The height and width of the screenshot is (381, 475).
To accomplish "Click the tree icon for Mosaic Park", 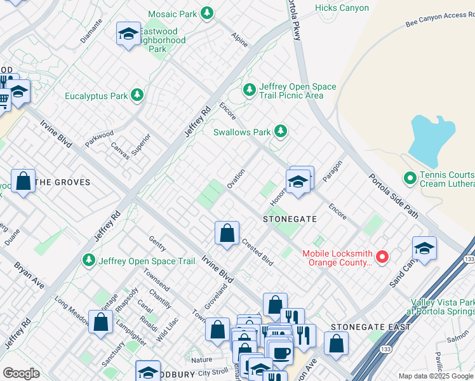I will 206,13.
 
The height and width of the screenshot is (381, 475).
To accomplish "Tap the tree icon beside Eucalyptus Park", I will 137,96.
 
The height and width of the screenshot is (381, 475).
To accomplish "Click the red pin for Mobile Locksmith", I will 382,257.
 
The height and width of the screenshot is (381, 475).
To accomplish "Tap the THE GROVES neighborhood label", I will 62,182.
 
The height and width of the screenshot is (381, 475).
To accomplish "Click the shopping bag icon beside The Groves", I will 23,182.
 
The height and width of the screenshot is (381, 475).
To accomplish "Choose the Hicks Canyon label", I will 342,8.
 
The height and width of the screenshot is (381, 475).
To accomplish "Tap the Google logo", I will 21,373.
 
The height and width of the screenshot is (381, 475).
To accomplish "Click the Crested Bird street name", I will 257,251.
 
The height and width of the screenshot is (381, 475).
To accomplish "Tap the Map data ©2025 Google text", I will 436,376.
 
